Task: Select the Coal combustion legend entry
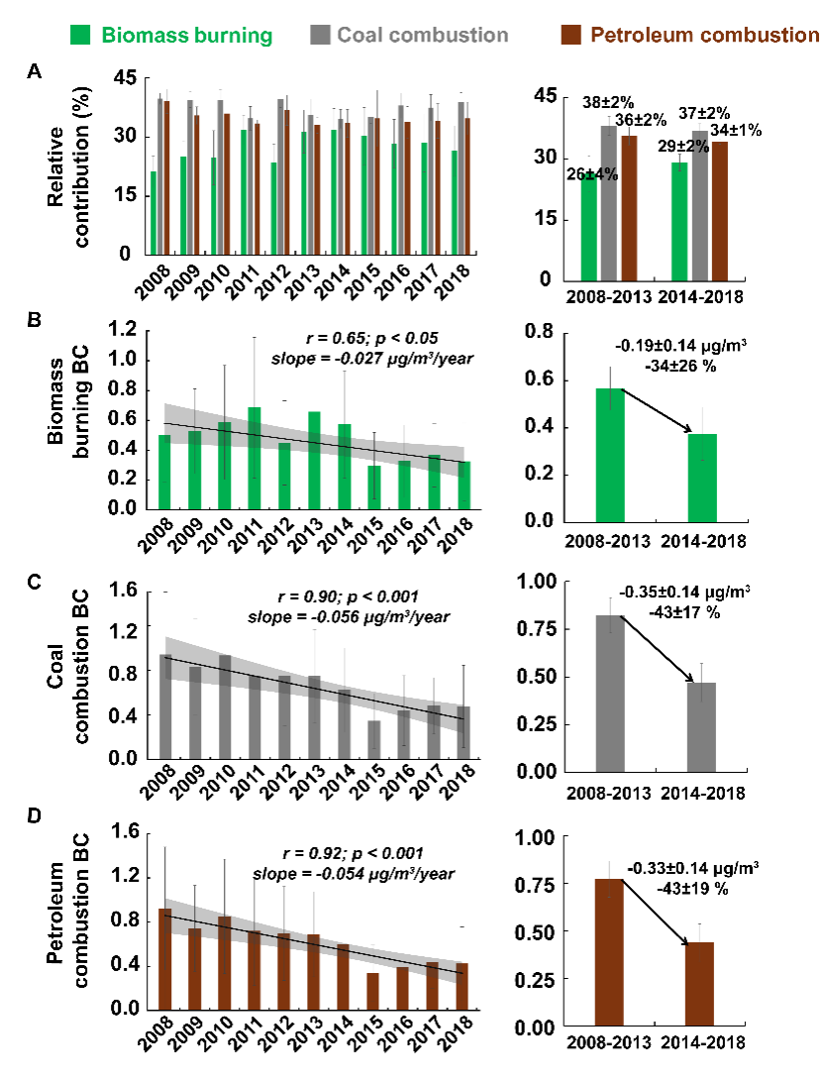410,36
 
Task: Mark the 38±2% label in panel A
606,102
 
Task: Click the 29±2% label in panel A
696,146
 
